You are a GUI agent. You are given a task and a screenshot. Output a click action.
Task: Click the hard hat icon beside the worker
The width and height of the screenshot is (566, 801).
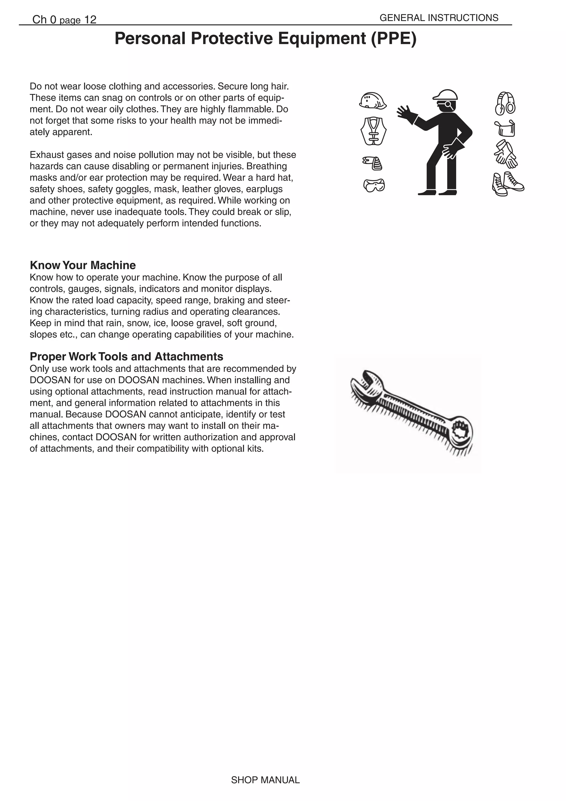click(373, 101)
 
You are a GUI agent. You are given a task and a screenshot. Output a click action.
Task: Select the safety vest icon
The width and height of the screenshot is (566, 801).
click(373, 131)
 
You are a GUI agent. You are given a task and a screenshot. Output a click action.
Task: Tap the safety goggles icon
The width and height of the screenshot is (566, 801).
click(374, 185)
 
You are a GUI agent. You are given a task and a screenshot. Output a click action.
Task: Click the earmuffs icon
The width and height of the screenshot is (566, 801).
click(505, 104)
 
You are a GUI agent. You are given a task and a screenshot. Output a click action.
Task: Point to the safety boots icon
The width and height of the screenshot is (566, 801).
click(508, 184)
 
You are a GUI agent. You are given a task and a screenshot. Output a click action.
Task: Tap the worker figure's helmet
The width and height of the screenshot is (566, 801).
click(445, 95)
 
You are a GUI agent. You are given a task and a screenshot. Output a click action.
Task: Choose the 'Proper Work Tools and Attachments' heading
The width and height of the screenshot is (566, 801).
click(126, 357)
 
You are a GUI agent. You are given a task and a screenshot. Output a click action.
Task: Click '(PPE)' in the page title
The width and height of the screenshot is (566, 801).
click(394, 39)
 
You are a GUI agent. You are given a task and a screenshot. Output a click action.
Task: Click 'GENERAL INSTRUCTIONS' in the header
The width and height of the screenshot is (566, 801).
click(439, 18)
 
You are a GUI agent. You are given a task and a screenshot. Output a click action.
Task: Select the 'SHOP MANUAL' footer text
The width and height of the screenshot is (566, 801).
click(265, 780)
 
